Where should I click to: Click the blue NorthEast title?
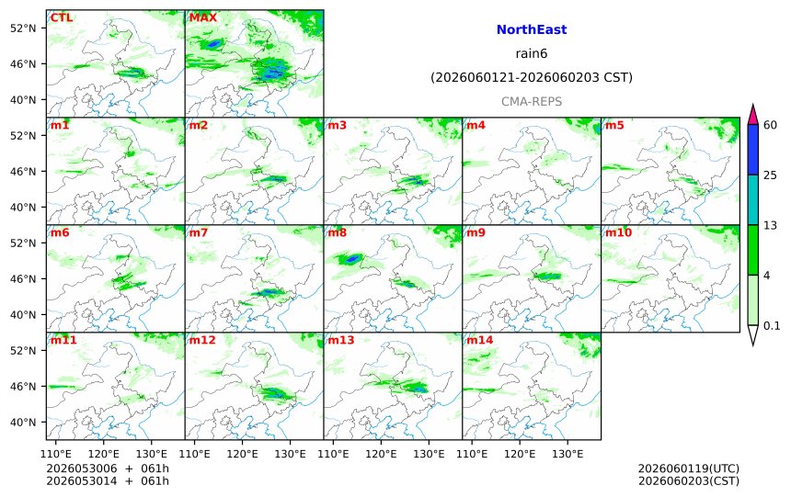pos(532,29)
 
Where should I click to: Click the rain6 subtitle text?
pos(532,53)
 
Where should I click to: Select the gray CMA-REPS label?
pos(532,102)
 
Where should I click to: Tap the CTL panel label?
pos(61,17)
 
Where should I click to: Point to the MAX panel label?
pos(202,17)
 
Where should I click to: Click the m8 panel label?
pos(337,232)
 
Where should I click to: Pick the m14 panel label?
pos(479,340)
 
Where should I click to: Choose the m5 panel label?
pos(614,125)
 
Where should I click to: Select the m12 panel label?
pos(202,340)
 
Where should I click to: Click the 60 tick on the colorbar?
pos(770,125)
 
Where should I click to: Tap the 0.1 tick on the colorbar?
pos(772,325)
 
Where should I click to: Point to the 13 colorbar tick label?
pos(770,225)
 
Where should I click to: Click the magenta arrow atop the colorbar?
pos(752,115)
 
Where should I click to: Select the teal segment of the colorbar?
pos(752,199)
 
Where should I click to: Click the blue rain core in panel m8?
pos(352,259)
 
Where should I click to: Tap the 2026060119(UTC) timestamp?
pos(689,469)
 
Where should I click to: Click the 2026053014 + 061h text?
pos(108,480)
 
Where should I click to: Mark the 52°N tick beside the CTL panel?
pos(23,28)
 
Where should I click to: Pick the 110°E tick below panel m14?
pos(472,454)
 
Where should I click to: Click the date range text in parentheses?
pos(532,77)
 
